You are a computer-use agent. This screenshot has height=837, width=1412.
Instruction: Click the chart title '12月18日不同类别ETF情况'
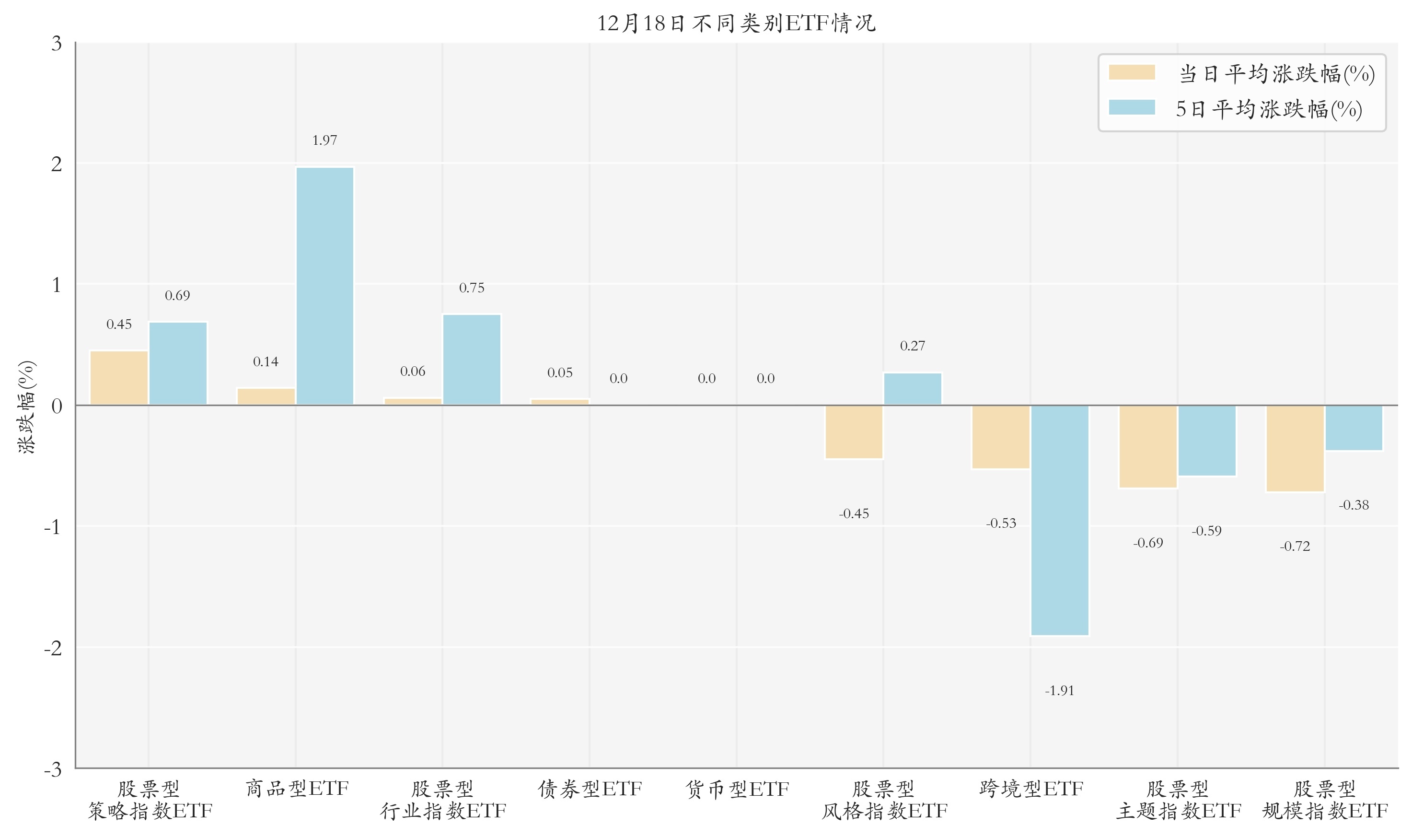736,23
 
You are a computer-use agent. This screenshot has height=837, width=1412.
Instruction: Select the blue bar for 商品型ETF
325,286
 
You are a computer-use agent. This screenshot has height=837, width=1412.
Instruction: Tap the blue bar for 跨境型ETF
1059,520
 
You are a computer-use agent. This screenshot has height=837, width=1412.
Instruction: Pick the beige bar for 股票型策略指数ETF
119,377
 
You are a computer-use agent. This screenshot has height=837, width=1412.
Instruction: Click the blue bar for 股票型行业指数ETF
472,359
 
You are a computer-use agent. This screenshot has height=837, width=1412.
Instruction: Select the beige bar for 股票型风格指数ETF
853,431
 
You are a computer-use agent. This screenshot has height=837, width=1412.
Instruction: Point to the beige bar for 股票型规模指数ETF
1295,448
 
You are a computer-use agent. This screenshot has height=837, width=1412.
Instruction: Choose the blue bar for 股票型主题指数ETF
1206,441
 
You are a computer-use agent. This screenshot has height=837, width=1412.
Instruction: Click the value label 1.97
325,140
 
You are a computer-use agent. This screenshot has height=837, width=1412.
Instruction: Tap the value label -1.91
1059,691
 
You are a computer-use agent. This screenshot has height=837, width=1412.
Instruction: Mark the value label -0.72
1295,546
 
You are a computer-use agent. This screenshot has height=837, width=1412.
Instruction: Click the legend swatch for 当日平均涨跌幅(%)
1131,73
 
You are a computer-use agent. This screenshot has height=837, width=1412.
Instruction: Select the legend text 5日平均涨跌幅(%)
1268,109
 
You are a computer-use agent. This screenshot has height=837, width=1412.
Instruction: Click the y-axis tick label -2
53,648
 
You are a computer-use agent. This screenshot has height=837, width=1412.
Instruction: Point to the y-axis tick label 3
57,44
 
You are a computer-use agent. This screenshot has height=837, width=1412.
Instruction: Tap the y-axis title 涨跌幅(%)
26,406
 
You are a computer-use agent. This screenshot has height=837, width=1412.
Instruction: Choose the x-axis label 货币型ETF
737,789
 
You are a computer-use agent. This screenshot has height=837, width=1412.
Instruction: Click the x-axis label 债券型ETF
589,789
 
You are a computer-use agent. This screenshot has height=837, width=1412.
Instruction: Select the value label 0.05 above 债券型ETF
559,373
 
